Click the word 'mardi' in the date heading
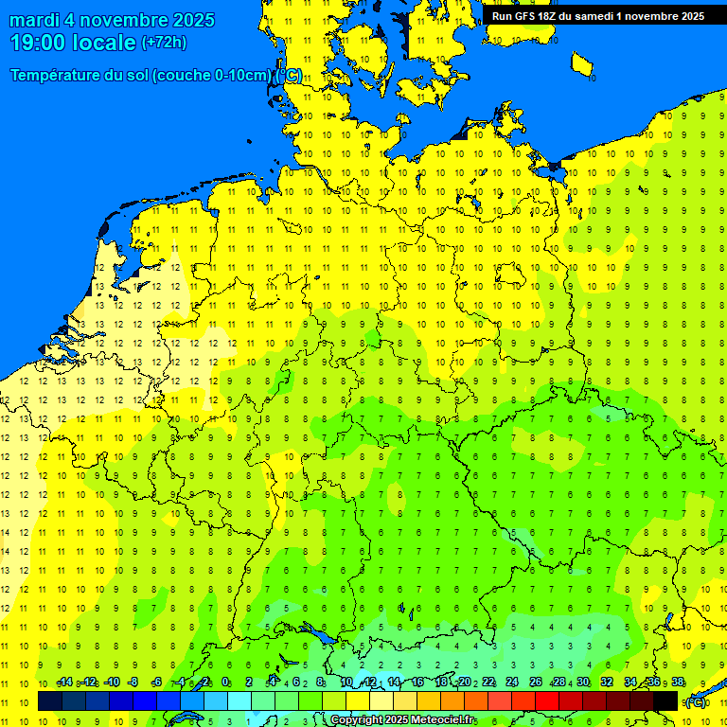(36, 20)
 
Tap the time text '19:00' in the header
(39, 43)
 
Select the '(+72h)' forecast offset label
(164, 43)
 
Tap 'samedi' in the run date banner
(594, 15)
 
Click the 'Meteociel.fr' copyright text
(437, 720)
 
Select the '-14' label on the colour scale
(64, 683)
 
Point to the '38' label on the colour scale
(678, 683)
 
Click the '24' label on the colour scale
(512, 683)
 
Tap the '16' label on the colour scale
(417, 683)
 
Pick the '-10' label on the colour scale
(111, 683)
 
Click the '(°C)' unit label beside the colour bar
(696, 701)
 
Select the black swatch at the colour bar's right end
(665, 701)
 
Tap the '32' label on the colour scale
(607, 683)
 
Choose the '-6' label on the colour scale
(157, 683)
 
